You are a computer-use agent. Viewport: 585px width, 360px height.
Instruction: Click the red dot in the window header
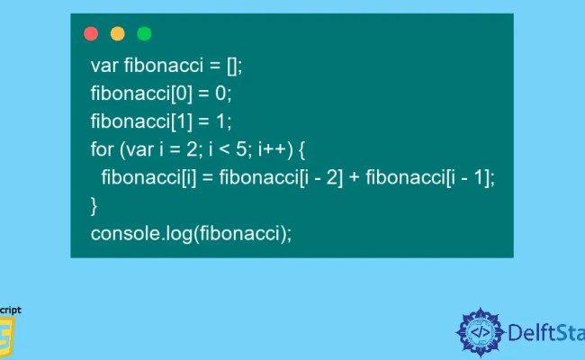click(90, 33)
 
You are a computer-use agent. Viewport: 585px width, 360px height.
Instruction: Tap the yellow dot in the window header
click(117, 33)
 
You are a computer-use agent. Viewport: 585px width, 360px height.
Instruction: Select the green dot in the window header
click(144, 33)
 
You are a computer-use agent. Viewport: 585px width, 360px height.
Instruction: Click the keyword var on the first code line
click(103, 66)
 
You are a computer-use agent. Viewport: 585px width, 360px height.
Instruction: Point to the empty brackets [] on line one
click(234, 66)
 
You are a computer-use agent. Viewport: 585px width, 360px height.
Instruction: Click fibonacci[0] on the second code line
click(134, 94)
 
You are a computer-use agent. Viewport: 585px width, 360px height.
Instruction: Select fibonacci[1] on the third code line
click(134, 121)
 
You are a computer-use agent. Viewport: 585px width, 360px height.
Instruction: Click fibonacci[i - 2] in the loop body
click(278, 177)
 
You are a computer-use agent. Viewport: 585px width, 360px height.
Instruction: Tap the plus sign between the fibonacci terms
click(354, 177)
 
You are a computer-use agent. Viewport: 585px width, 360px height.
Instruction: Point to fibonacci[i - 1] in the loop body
click(428, 177)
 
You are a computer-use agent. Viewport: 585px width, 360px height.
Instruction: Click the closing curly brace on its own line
click(94, 205)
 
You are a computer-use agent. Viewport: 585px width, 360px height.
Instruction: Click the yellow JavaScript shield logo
click(9, 338)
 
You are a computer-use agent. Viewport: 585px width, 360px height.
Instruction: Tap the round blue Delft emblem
click(481, 332)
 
